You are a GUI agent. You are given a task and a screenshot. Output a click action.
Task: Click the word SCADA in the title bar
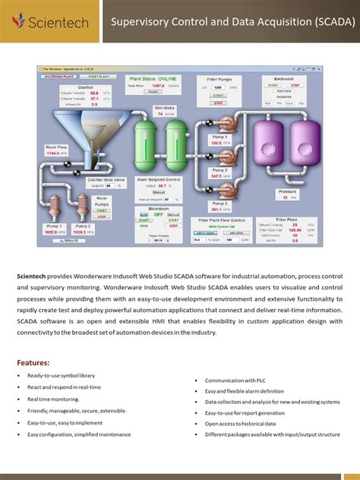pyautogui.click(x=329, y=22)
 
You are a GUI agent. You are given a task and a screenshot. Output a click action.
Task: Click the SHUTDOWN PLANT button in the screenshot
pyautogui.click(x=57, y=77)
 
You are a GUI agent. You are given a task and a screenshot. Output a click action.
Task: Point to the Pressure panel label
pyautogui.click(x=287, y=192)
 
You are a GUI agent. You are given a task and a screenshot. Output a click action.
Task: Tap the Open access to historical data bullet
pyautogui.click(x=240, y=423)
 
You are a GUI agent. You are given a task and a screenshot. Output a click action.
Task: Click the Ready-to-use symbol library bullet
pyautogui.click(x=61, y=376)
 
